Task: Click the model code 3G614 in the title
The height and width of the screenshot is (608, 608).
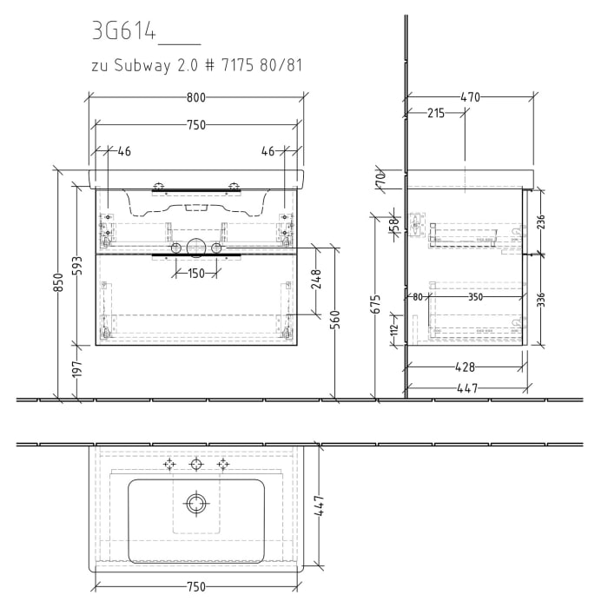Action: [x=123, y=32]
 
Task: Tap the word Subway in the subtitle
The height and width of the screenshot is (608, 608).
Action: [x=142, y=66]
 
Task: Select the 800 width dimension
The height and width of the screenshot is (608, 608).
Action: [x=195, y=97]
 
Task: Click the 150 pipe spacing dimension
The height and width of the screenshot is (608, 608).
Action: [x=195, y=274]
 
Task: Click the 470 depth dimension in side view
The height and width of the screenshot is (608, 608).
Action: [x=469, y=97]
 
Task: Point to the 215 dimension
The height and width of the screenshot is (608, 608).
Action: [x=436, y=113]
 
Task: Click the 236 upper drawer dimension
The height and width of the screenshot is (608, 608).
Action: [x=541, y=221]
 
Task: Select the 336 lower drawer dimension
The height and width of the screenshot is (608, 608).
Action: [x=541, y=300]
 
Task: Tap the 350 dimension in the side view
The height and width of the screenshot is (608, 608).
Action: [x=474, y=297]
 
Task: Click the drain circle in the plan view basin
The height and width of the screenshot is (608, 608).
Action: [x=196, y=503]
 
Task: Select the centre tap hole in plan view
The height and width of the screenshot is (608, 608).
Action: [x=196, y=464]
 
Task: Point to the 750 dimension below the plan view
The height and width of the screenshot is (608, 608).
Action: [x=195, y=587]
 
